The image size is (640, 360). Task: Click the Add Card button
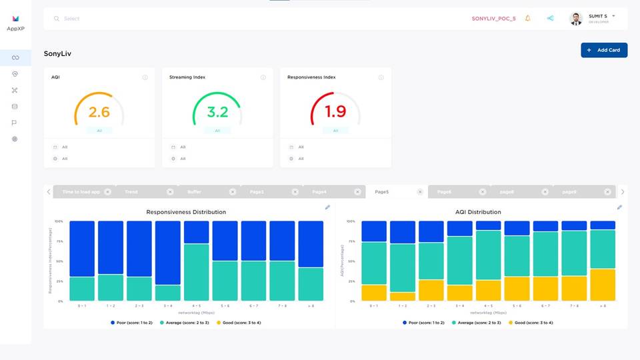604,50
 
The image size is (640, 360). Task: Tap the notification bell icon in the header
528,19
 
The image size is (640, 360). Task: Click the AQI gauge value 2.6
99,111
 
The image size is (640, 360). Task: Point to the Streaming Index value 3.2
217,111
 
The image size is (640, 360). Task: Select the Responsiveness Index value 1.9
335,111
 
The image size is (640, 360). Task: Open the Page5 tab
382,192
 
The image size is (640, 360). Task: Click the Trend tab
131,192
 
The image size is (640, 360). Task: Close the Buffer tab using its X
232,192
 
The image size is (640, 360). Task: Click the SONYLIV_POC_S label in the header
493,19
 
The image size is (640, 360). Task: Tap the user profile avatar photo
576,19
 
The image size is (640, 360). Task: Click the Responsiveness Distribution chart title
186,212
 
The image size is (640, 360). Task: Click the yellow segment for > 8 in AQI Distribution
603,285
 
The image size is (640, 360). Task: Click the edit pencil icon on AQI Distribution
619,207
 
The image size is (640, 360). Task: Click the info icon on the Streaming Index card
263,77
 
